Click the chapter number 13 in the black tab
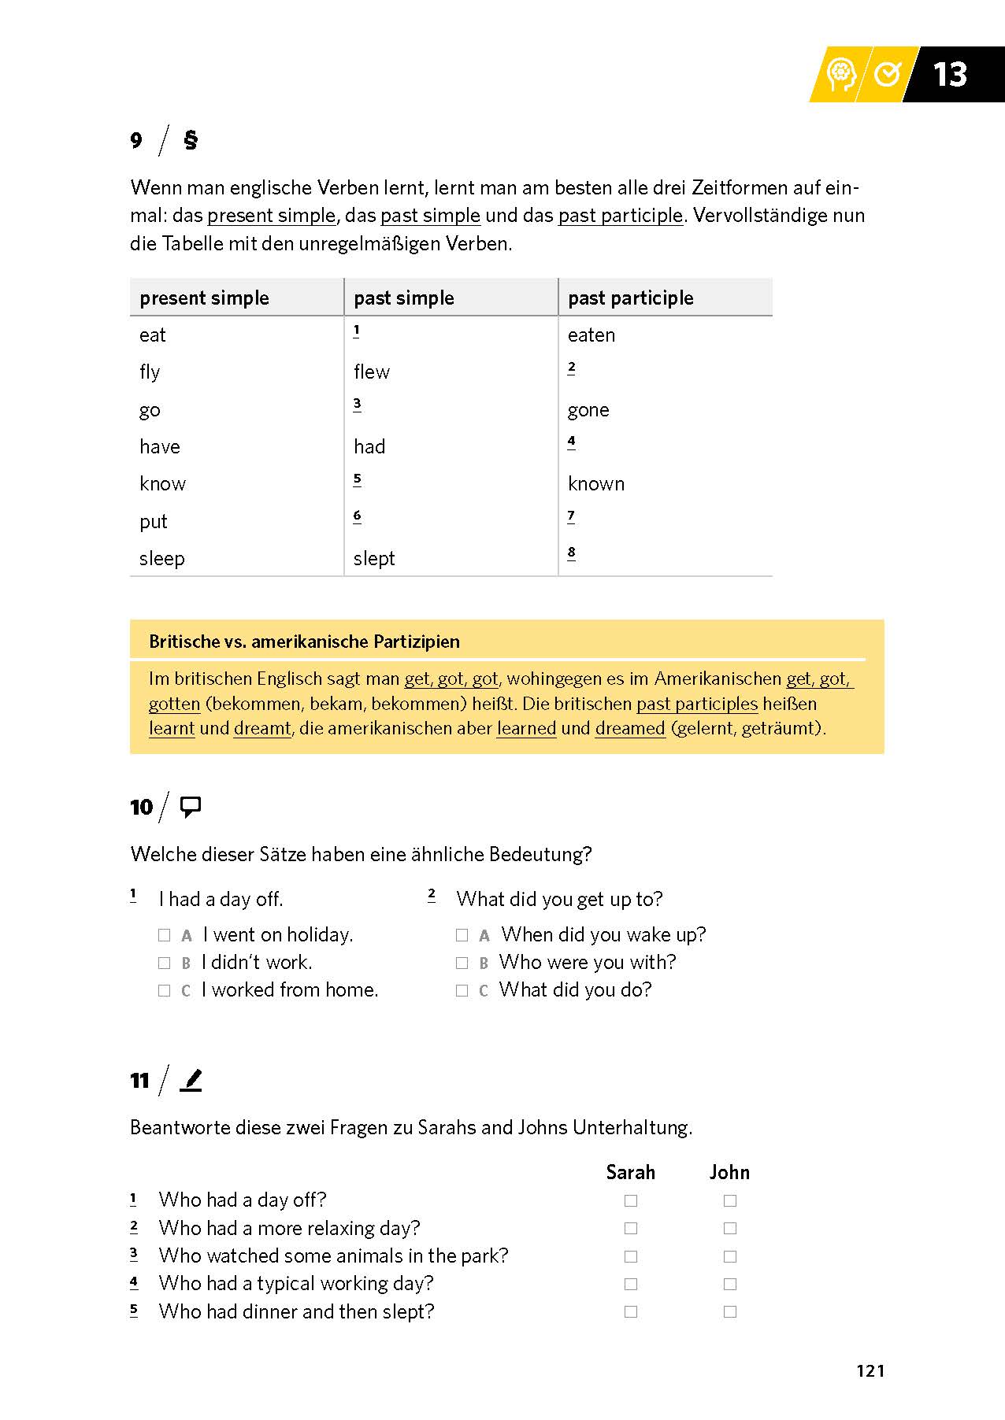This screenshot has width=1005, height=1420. point(949,75)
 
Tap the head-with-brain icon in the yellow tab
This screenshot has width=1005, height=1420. point(841,75)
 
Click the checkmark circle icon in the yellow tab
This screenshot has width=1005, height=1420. point(888,75)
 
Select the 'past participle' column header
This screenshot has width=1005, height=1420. point(630,298)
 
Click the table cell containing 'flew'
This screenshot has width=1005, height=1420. point(372,372)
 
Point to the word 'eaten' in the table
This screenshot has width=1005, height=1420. point(591,335)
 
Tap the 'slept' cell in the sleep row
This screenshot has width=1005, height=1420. point(374,559)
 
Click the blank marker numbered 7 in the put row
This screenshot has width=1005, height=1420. point(571,516)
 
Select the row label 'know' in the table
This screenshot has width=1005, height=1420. point(162,484)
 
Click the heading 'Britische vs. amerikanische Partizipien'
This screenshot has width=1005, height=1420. point(304,642)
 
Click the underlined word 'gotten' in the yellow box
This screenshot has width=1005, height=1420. point(175,704)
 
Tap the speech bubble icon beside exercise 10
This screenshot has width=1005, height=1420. point(191,807)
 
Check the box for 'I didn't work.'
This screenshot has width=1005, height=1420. point(165,963)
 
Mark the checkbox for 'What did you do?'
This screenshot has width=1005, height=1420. point(462,990)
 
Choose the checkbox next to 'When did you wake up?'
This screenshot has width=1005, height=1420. point(462,935)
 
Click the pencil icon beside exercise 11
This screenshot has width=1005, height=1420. point(191,1080)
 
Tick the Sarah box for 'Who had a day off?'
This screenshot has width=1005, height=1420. point(631,1200)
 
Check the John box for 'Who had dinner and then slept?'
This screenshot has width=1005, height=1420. point(730,1311)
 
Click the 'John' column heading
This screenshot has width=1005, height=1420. point(729,1172)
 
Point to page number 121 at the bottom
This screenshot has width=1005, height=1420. point(870,1370)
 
